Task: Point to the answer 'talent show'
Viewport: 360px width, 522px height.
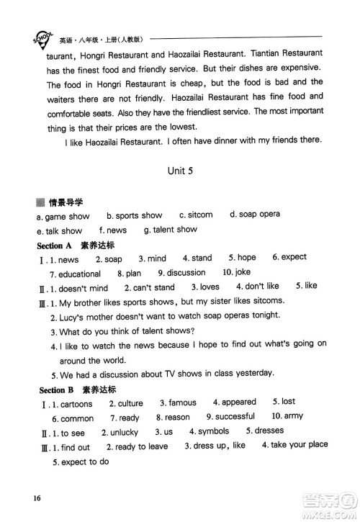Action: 174,230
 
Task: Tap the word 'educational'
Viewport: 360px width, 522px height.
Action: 79,274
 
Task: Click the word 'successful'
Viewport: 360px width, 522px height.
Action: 235,417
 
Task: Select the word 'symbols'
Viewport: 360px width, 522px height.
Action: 214,432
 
